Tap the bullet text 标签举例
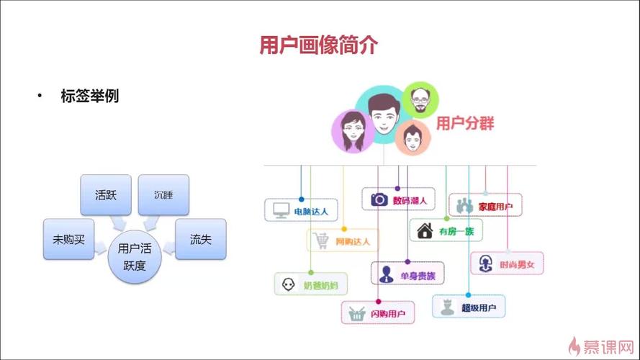pos(90,96)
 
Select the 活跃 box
pos(106,194)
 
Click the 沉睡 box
pos(163,194)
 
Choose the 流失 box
pos(200,239)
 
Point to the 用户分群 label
pos(466,123)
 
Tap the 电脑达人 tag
pos(301,210)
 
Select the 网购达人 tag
pos(343,241)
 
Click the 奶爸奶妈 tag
pos(311,284)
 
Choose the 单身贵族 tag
pos(407,274)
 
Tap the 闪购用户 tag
pos(378,313)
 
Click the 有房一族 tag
pos(446,230)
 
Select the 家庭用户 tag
pos(486,206)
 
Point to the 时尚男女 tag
pos(508,264)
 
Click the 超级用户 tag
pos(469,307)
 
